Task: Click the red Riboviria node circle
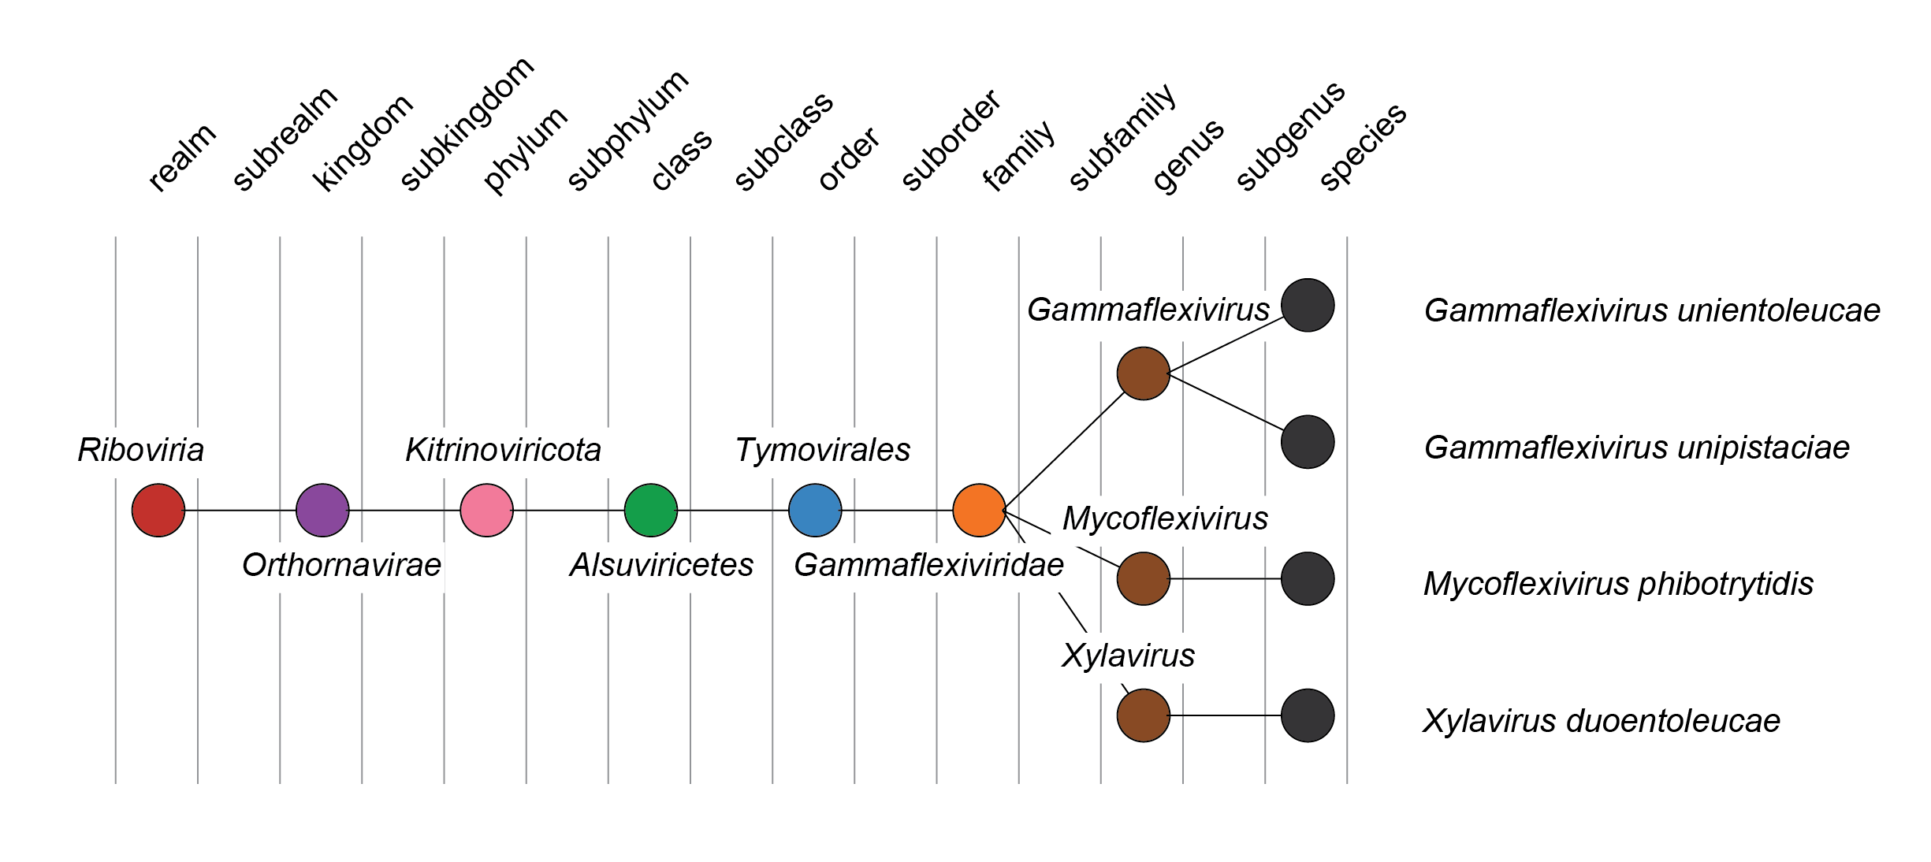tap(158, 511)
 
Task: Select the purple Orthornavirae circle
tap(322, 511)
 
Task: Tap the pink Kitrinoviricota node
tap(486, 511)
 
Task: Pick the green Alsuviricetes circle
tap(651, 511)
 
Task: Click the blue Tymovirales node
tap(815, 511)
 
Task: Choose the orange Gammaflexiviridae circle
tap(979, 511)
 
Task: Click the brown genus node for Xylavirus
tap(1144, 715)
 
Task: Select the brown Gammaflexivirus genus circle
tap(1144, 373)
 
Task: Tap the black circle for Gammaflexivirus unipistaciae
tap(1308, 442)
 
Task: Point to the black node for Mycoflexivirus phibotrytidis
tap(1308, 579)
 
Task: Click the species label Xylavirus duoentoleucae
tap(1602, 721)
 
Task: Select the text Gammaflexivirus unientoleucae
tap(1652, 310)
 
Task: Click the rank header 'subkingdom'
tap(467, 124)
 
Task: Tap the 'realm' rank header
tap(181, 158)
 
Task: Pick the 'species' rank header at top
tap(1363, 147)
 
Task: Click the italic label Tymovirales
tap(822, 450)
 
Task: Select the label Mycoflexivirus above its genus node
tap(1165, 518)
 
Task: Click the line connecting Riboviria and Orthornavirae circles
tap(240, 511)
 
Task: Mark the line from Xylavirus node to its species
tap(1226, 715)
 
